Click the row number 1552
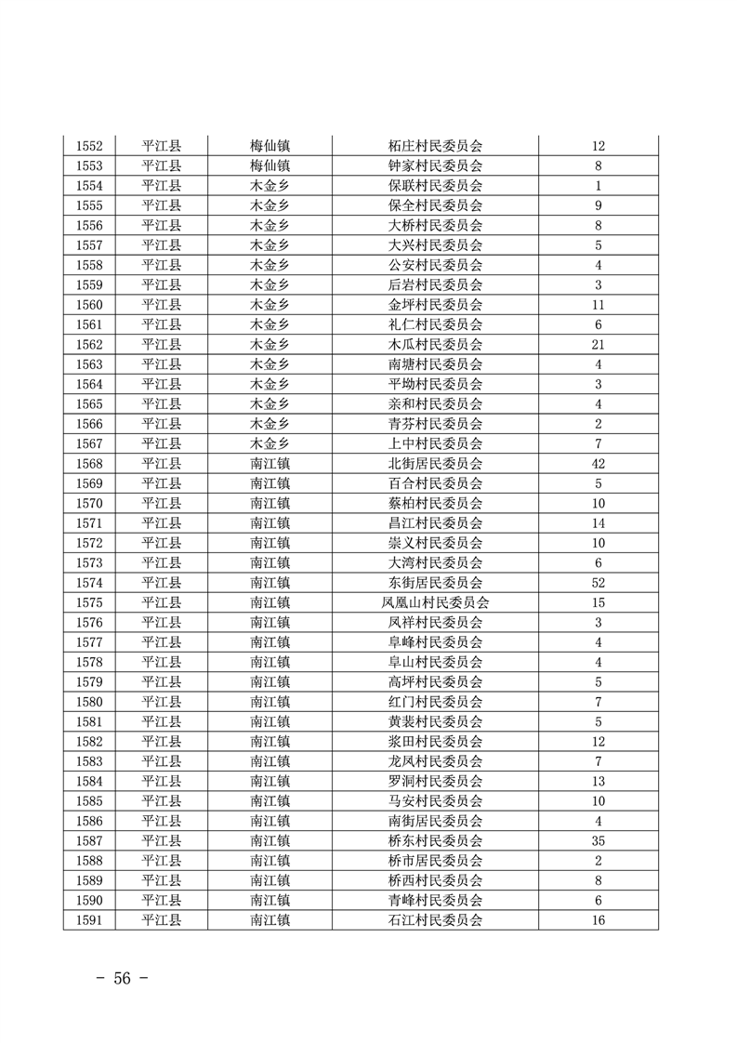89,146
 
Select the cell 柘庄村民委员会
435,146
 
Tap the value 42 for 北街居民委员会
598,463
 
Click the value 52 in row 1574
598,583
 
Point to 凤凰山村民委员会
435,602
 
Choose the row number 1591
89,920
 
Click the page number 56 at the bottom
123,978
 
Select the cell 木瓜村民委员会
435,344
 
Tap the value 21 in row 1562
598,344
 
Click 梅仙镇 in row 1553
270,165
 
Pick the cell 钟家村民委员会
435,165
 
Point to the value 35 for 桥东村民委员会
598,841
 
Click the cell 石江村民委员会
435,920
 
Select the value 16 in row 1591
598,920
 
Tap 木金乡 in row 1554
270,186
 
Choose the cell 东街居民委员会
435,583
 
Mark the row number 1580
89,702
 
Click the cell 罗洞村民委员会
435,781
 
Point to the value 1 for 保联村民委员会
598,186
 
